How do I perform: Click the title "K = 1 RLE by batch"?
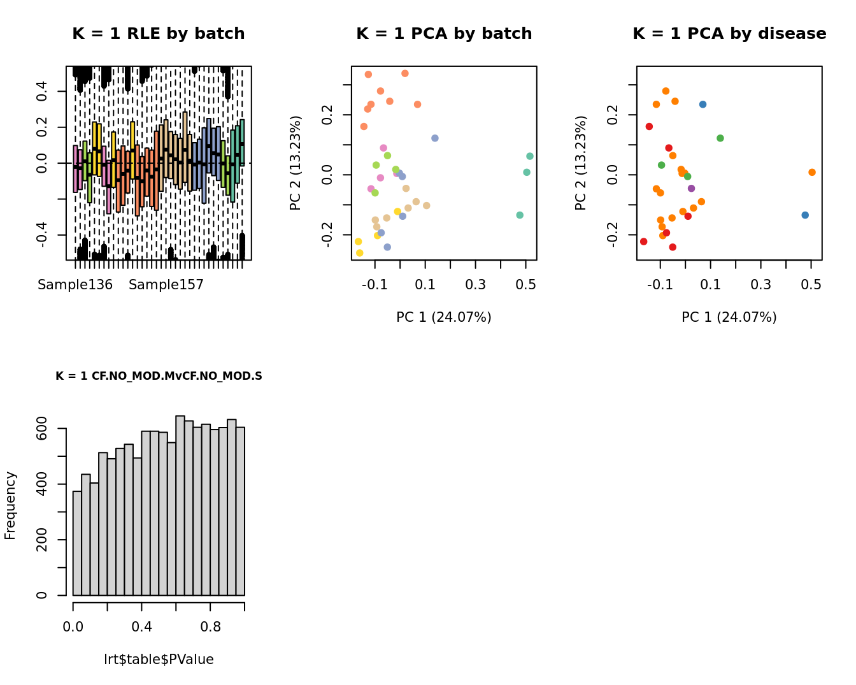click(x=158, y=34)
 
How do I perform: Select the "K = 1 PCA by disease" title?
click(x=729, y=34)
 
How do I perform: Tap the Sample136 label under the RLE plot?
click(x=75, y=285)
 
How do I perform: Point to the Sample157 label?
click(x=166, y=285)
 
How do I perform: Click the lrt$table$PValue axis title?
click(x=159, y=660)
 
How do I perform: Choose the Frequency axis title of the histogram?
click(x=10, y=505)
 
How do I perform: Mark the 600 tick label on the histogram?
click(x=42, y=428)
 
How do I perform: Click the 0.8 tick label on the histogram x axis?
click(x=211, y=627)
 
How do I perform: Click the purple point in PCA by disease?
click(x=691, y=189)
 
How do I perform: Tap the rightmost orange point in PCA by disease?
click(x=812, y=172)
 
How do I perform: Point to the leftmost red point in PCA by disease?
click(x=643, y=242)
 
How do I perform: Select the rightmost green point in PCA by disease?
click(x=720, y=138)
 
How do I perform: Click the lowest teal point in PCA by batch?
click(x=520, y=215)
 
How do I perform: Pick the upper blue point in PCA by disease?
click(x=703, y=105)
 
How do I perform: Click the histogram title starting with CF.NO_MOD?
click(x=159, y=377)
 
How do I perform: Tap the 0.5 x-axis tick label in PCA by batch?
click(x=525, y=284)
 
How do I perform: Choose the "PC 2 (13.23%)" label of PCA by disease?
click(x=581, y=162)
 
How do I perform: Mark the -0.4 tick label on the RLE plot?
click(x=42, y=234)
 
